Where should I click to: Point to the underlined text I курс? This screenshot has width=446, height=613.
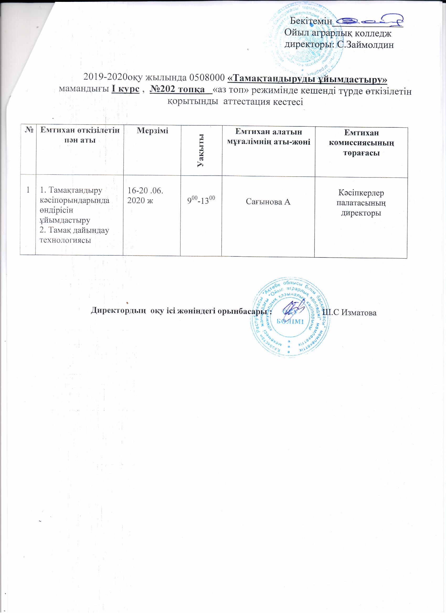click(125, 89)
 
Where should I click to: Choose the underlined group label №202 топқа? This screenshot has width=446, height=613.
click(177, 89)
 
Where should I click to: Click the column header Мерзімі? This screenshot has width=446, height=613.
click(152, 131)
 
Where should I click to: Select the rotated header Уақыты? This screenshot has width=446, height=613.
click(201, 150)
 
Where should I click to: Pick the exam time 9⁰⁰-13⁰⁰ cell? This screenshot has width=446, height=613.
click(201, 201)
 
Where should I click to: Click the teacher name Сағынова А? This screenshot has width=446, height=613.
click(268, 202)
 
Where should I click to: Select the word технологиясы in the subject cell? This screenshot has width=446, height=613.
click(65, 240)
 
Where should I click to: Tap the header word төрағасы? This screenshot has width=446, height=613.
click(361, 153)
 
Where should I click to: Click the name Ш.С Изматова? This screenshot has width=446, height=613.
click(349, 313)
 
